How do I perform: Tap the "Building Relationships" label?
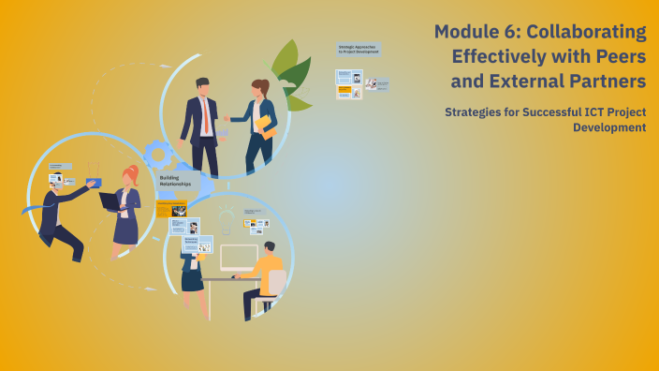175,181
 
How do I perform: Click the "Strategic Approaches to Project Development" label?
359,49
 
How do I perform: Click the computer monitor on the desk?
239,258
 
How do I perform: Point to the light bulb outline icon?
225,222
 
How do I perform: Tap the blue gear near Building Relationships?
156,155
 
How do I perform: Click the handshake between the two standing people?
227,119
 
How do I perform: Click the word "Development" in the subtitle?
609,127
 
